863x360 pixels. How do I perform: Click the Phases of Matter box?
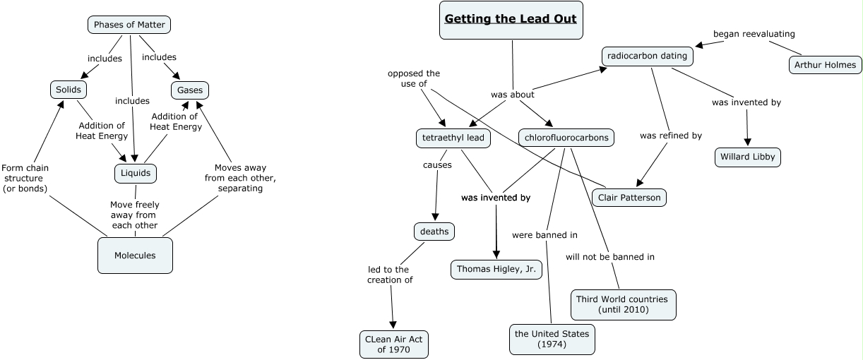(x=129, y=25)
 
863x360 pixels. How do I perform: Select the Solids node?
(x=69, y=90)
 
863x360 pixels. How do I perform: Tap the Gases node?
(x=190, y=90)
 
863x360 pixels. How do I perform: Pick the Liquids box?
(x=135, y=173)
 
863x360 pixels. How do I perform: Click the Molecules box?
(x=135, y=255)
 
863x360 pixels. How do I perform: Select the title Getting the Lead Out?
(x=511, y=18)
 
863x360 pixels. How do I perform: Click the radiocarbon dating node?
(x=647, y=56)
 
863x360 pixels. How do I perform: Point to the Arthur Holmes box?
(x=824, y=65)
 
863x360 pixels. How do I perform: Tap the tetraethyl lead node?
(x=453, y=138)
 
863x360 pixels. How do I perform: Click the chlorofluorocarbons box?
(x=566, y=138)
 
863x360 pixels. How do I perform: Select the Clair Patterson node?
(x=629, y=198)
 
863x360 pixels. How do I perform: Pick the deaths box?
(x=434, y=231)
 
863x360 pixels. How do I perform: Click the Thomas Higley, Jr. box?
(x=496, y=269)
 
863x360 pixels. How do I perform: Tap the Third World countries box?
(x=623, y=304)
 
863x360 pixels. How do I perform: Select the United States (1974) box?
(x=552, y=339)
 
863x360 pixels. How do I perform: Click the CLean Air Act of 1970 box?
(x=393, y=344)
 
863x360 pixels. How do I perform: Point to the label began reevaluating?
(x=754, y=34)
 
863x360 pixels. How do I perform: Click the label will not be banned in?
(x=609, y=257)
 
